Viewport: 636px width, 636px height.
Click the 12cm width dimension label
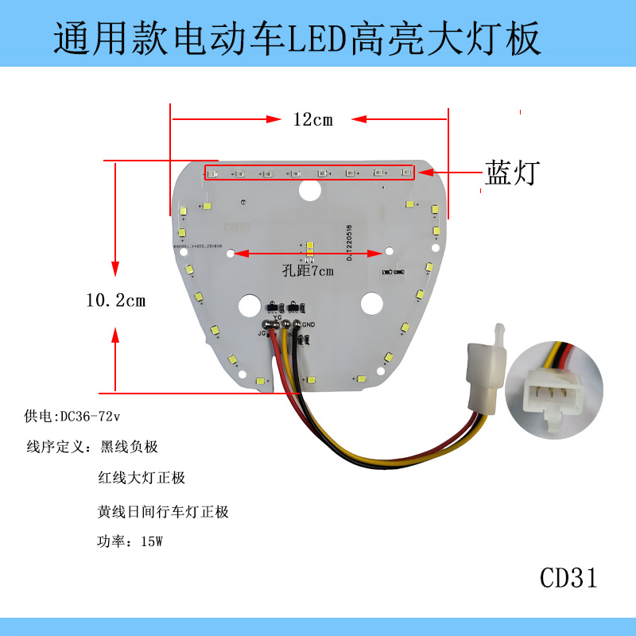coord(312,120)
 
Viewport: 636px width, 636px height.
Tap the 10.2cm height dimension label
coord(115,301)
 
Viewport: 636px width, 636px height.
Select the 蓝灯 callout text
coord(512,173)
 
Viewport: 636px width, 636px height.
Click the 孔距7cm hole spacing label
coord(308,270)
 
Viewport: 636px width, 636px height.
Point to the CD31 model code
coord(568,578)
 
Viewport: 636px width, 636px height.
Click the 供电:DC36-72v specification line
coord(77,416)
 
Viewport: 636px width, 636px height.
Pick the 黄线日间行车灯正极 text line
coord(163,511)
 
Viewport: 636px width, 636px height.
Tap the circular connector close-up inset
coord(553,390)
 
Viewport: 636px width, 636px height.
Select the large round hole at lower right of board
coord(370,304)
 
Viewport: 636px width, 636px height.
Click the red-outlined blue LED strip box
coord(308,172)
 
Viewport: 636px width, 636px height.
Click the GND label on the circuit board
coord(310,324)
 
